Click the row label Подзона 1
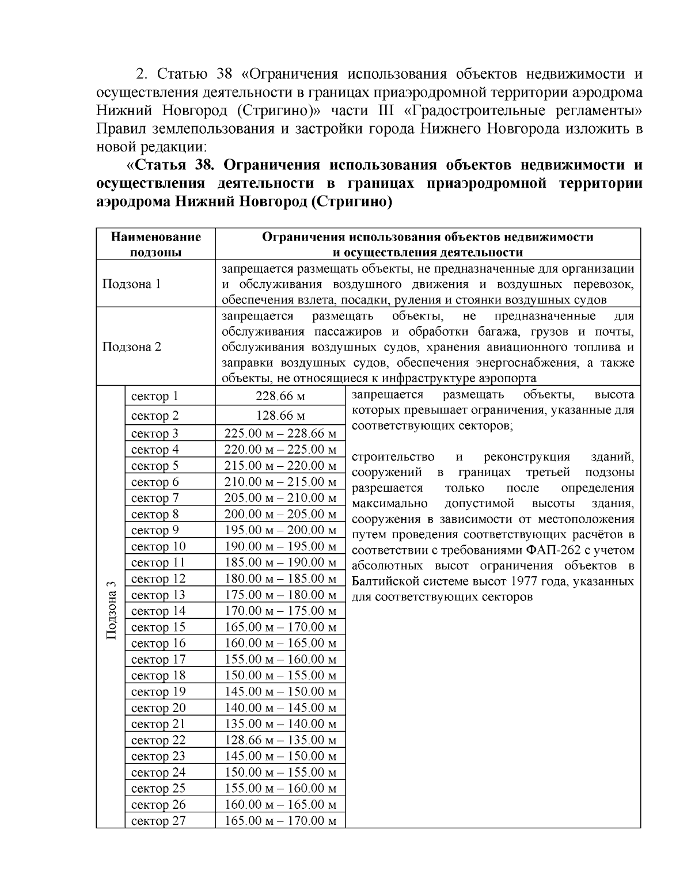coord(131,284)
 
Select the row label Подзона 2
coord(131,347)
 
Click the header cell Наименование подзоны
coord(156,245)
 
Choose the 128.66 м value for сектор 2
coord(280,416)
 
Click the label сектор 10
coord(158,546)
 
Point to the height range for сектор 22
coord(280,740)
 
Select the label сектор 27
coord(158,820)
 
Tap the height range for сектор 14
coord(280,611)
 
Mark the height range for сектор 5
coord(280,466)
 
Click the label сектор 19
coord(158,691)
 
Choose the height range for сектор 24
coord(280,772)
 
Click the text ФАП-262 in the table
coord(552,550)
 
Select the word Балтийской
coord(386,581)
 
